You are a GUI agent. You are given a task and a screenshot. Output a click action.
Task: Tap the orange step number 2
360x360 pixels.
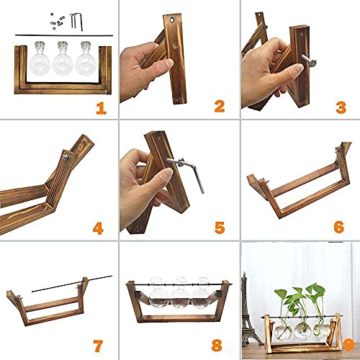coord(220,107)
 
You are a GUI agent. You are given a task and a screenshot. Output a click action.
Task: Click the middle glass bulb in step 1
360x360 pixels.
coord(61,61)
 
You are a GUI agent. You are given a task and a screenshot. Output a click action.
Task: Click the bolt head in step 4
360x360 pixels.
coord(64,155)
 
